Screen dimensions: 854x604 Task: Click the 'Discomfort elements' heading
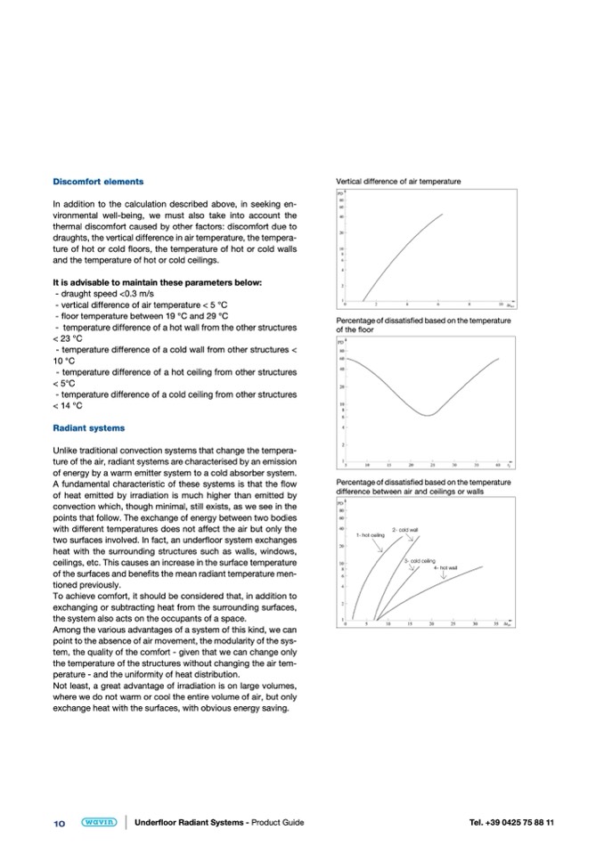(x=98, y=182)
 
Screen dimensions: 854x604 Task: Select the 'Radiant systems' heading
(x=89, y=428)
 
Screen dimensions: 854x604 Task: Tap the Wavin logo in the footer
(x=99, y=822)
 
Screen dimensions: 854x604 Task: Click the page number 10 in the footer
(x=60, y=823)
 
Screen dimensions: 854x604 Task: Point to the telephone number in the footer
(x=511, y=822)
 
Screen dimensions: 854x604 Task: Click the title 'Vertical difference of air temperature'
(x=397, y=182)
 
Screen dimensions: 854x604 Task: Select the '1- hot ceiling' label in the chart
(x=370, y=534)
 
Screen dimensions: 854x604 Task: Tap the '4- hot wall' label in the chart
(x=445, y=567)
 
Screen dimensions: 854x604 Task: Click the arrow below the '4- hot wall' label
(x=444, y=576)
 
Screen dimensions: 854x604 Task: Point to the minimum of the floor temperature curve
(x=429, y=415)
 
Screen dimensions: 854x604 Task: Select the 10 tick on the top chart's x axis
(x=500, y=304)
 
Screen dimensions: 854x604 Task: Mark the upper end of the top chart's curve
(x=442, y=215)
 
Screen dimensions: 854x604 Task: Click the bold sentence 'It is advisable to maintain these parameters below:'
(x=158, y=283)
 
